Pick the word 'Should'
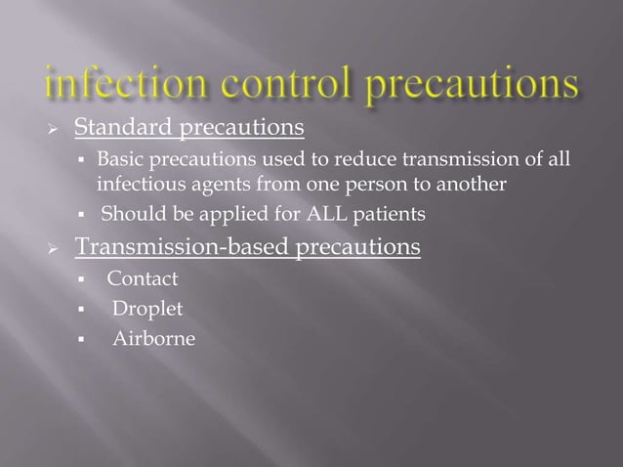click(x=130, y=214)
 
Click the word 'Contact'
click(x=143, y=280)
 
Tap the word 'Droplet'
click(x=147, y=310)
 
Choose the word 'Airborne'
click(x=153, y=339)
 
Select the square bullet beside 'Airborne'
click(x=86, y=340)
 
